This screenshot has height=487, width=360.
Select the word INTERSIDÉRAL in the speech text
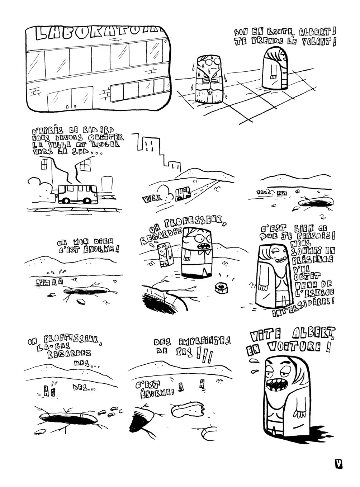[x=303, y=308]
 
